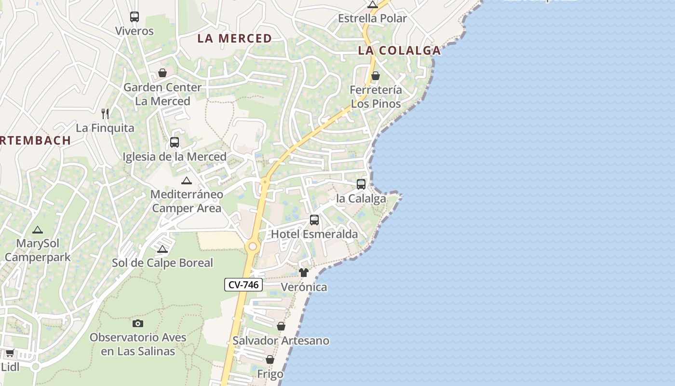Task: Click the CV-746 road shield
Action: (243, 285)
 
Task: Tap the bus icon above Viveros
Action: (135, 17)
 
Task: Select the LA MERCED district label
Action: (235, 39)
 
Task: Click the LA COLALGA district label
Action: (400, 50)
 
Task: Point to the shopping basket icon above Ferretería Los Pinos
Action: (376, 76)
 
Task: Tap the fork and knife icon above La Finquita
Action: (105, 114)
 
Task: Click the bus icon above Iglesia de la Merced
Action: (175, 142)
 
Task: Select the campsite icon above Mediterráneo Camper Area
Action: (187, 181)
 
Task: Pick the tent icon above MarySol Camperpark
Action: (38, 230)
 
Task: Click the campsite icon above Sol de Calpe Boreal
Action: (162, 249)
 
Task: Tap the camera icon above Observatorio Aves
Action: (138, 323)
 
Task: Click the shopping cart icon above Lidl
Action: (10, 353)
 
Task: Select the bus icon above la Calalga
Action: (361, 184)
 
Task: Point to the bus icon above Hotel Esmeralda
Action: (314, 220)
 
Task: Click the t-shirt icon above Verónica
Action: (303, 273)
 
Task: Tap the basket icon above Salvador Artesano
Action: (281, 327)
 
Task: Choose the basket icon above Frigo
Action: (270, 360)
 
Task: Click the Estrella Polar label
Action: (372, 18)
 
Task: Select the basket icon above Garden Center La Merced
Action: (162, 73)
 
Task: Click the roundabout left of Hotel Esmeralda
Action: (252, 247)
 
